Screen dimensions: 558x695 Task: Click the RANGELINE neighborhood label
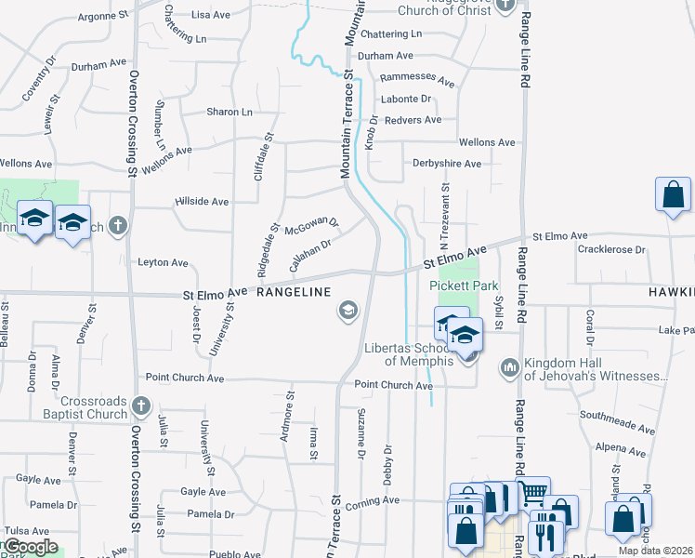pyautogui.click(x=294, y=292)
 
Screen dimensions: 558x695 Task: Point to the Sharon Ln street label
pyautogui.click(x=229, y=112)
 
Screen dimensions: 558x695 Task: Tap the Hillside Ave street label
pyautogui.click(x=202, y=201)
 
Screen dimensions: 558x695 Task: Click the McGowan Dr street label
pyautogui.click(x=312, y=226)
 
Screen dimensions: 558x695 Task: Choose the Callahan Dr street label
pyautogui.click(x=310, y=255)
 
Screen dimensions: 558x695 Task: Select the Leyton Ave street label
pyautogui.click(x=163, y=262)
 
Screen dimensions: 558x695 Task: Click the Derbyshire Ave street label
pyautogui.click(x=447, y=164)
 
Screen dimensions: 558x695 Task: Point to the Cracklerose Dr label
pyautogui.click(x=610, y=249)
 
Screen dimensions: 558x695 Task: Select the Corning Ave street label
pyautogui.click(x=372, y=500)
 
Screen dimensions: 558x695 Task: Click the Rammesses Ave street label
pyautogui.click(x=417, y=78)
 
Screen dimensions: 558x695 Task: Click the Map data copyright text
pyautogui.click(x=656, y=551)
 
